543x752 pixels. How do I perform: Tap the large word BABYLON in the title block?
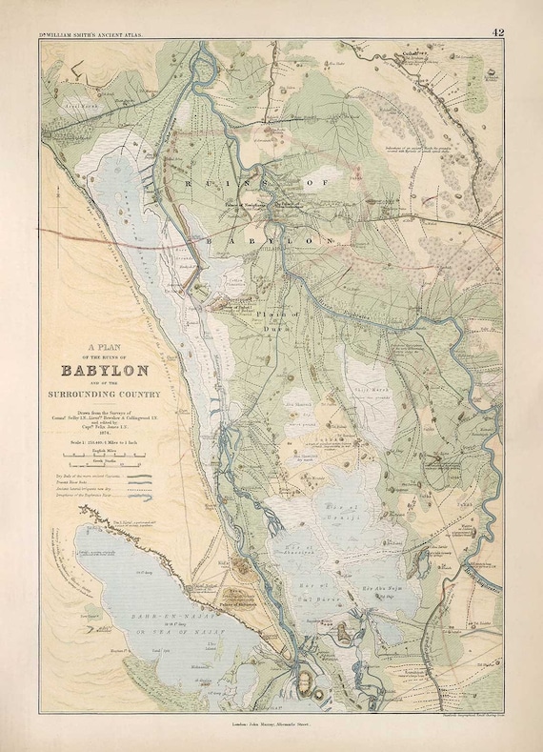point(104,371)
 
